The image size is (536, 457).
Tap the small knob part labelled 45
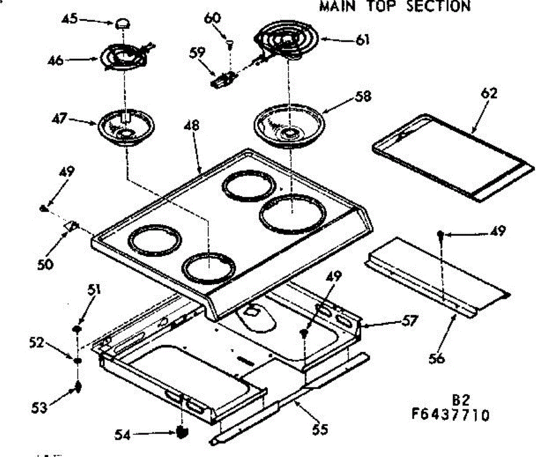point(122,24)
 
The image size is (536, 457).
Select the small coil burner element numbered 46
point(123,57)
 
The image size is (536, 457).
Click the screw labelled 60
point(230,43)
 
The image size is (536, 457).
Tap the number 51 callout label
point(93,290)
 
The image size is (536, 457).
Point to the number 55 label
point(320,429)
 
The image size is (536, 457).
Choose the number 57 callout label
point(409,320)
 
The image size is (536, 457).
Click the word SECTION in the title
point(439,6)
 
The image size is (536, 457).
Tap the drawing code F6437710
point(450,415)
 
